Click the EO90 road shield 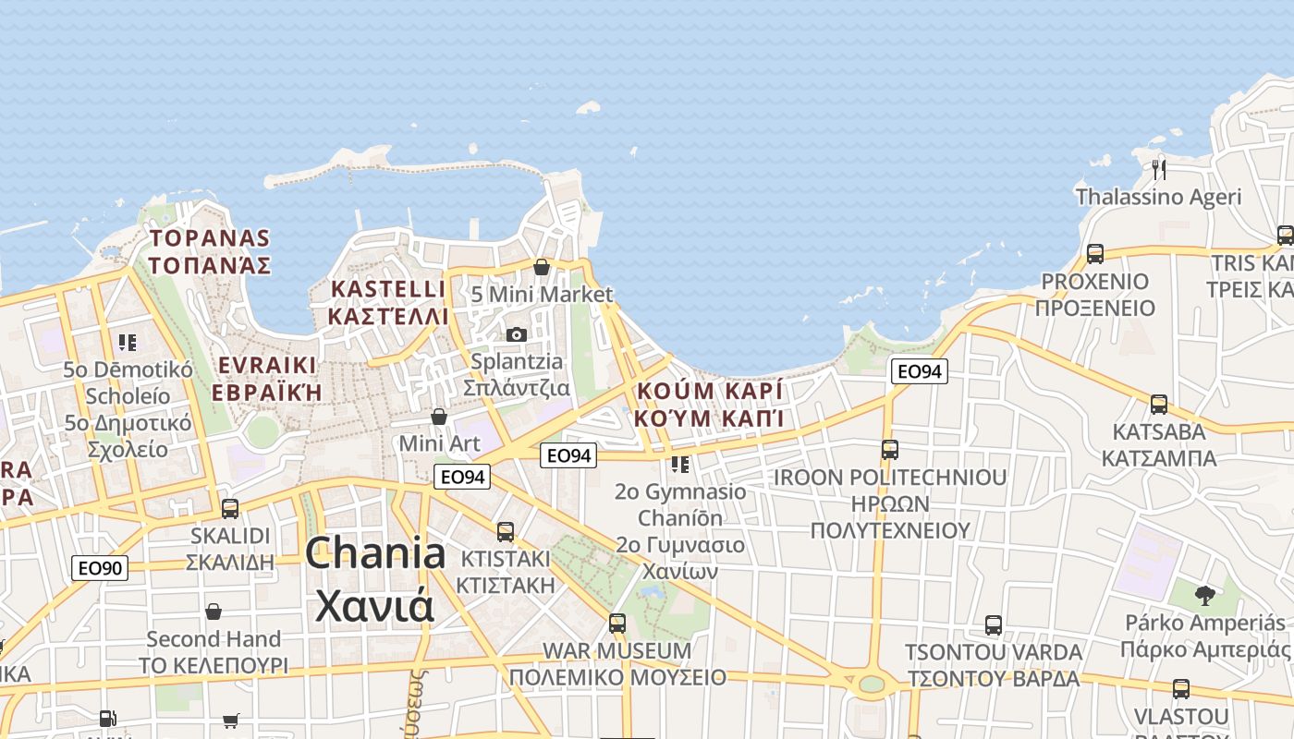click(100, 567)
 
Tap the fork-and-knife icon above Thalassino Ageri click(1159, 169)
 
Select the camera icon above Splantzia click(516, 334)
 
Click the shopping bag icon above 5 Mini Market click(542, 268)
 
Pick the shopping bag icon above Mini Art click(439, 418)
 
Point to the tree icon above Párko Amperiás click(1204, 595)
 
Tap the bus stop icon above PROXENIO click(1095, 253)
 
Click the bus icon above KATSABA click(1158, 404)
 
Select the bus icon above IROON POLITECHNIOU click(889, 450)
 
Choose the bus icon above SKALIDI click(230, 508)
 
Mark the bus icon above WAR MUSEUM click(616, 624)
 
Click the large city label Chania click(375, 554)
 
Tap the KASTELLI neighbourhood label click(388, 289)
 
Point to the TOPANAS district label click(210, 238)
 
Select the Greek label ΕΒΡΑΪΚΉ click(267, 392)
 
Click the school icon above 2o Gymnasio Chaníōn click(680, 464)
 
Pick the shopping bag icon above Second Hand click(214, 612)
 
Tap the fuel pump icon click(107, 718)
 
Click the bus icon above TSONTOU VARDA click(993, 625)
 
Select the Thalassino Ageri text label click(1158, 197)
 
